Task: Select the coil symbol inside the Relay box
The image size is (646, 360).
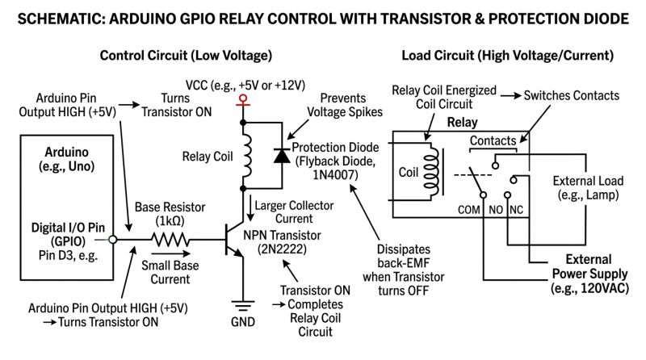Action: click(434, 170)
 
